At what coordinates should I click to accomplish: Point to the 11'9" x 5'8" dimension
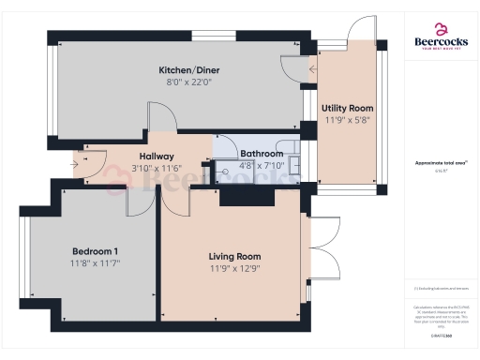pyautogui.click(x=348, y=120)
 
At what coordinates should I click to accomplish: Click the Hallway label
pyautogui.click(x=157, y=156)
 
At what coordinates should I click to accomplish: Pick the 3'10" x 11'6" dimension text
pyautogui.click(x=157, y=167)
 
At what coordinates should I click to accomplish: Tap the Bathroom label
pyautogui.click(x=262, y=153)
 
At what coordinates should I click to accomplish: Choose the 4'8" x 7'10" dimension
pyautogui.click(x=262, y=165)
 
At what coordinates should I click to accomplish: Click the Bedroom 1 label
pyautogui.click(x=95, y=251)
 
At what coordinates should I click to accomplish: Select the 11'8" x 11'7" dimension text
pyautogui.click(x=95, y=263)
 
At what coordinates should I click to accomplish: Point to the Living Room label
pyautogui.click(x=234, y=256)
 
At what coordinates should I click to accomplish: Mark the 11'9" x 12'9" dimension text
pyautogui.click(x=234, y=268)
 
